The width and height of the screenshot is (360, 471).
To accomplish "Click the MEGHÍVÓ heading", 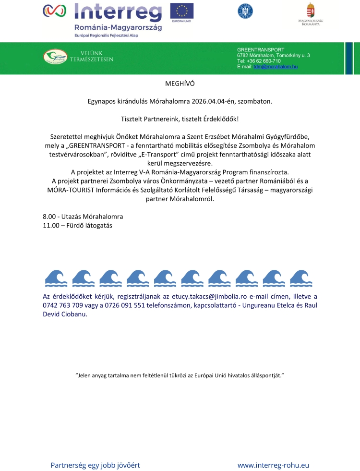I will click(x=180, y=84).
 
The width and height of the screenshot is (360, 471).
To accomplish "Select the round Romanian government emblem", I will click(x=245, y=11).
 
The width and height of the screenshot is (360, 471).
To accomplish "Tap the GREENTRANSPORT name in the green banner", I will click(x=261, y=49).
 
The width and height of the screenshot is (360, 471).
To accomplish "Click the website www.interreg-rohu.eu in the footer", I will click(x=273, y=465).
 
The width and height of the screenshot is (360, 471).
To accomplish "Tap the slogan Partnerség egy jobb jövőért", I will click(x=95, y=465).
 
